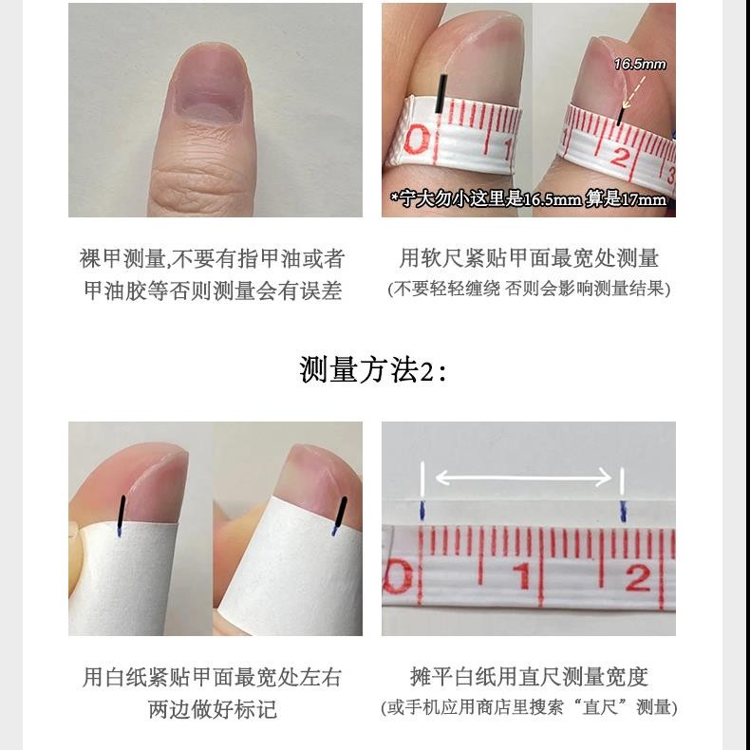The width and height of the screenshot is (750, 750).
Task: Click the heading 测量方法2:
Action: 373,369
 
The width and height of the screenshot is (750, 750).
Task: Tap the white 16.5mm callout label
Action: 640,65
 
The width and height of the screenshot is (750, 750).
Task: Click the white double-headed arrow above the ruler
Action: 523,478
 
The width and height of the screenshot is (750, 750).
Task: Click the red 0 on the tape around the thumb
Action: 416,140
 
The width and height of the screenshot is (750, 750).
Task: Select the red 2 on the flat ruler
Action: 638,577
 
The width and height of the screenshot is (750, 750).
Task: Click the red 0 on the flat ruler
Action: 398,576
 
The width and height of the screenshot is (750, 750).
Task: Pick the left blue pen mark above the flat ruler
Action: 422,511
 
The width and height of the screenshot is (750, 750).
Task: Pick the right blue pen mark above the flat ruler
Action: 623,511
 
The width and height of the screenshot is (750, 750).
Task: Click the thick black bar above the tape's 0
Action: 441,94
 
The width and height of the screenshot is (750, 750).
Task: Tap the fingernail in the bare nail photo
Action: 210,83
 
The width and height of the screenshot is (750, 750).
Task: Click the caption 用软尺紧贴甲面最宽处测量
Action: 529,258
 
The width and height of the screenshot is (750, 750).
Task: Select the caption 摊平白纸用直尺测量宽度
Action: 529,677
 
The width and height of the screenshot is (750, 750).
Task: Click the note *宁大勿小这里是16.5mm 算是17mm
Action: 528,198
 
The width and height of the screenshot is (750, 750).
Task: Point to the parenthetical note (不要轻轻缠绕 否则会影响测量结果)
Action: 529,289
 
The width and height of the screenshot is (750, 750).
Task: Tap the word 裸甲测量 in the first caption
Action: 122,259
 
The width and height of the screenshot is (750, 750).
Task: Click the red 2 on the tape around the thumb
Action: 618,156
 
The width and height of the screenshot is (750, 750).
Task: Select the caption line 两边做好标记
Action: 213,709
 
